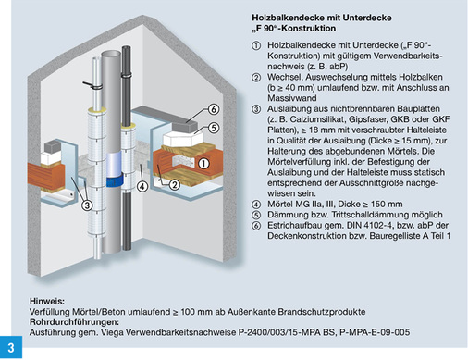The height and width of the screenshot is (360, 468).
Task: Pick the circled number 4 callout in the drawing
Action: point(142,186)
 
